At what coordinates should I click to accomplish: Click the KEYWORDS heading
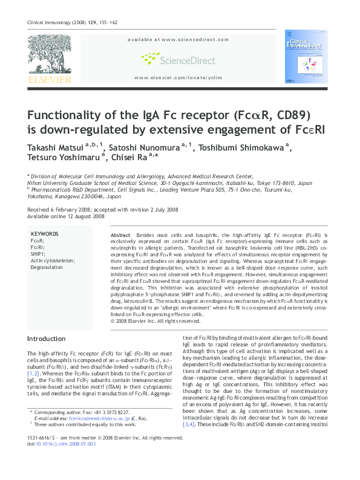pos(44,234)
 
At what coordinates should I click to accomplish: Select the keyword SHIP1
pos(38,254)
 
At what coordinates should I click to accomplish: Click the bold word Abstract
pos(120,235)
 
